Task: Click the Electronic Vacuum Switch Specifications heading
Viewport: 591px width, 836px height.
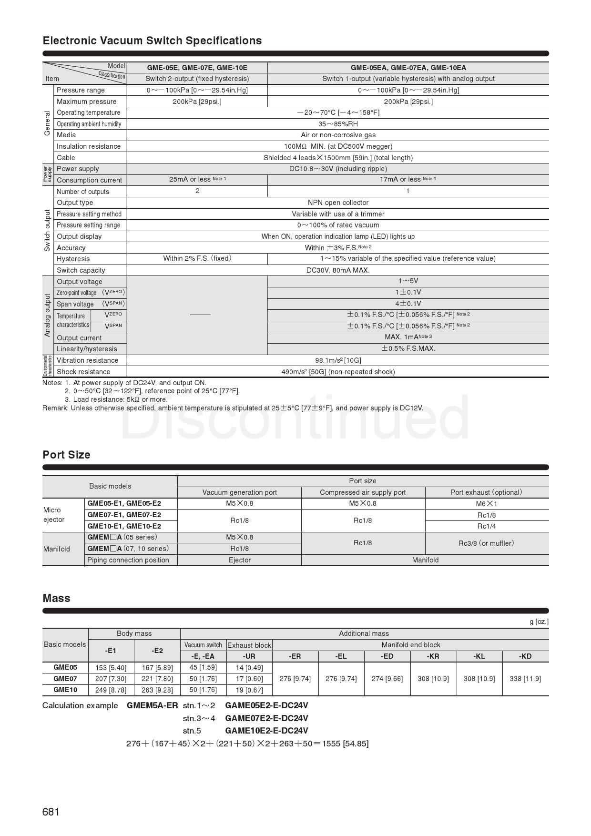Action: [152, 41]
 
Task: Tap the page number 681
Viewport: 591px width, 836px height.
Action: [51, 812]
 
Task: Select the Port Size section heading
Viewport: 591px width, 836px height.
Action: [66, 455]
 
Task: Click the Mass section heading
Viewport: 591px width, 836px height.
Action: [56, 598]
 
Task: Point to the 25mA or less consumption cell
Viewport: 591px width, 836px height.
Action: [197, 180]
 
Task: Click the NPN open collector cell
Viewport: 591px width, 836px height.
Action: [338, 203]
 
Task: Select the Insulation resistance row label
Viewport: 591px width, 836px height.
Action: [89, 146]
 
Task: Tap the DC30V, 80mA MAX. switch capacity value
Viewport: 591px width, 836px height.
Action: [338, 270]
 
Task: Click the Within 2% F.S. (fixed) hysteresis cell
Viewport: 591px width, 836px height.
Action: [197, 258]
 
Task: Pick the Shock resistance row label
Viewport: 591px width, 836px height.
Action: [83, 372]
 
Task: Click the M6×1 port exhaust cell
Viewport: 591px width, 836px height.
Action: [486, 504]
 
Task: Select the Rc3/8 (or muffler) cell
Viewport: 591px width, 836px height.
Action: [486, 543]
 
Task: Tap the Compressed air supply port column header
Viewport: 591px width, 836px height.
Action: [363, 492]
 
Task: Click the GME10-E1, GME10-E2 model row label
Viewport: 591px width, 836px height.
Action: [124, 526]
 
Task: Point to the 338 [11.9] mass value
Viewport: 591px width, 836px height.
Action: [525, 679]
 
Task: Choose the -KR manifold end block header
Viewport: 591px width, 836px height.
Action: [433, 656]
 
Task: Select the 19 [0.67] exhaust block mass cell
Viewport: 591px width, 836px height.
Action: [249, 690]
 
